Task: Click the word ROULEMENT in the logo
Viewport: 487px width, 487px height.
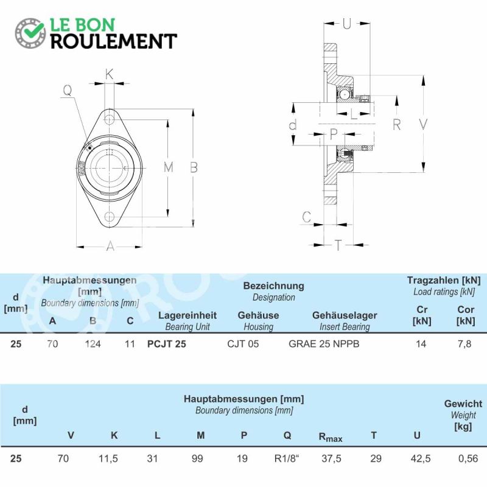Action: [x=114, y=41]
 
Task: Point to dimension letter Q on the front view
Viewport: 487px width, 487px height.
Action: [x=68, y=90]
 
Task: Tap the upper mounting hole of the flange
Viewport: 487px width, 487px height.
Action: [x=109, y=119]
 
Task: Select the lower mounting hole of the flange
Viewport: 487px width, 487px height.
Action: [x=109, y=217]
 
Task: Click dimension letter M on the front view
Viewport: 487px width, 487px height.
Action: [x=169, y=167]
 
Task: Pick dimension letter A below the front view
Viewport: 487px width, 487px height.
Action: [x=110, y=247]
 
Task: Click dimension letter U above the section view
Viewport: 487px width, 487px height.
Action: [x=346, y=24]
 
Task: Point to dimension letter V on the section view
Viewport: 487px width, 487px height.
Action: [x=423, y=124]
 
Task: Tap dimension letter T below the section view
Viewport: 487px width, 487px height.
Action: [x=338, y=245]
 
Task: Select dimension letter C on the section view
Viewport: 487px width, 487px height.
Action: [x=307, y=217]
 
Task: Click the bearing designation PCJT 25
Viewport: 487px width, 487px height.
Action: [x=166, y=344]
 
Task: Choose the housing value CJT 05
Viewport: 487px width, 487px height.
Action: [x=243, y=344]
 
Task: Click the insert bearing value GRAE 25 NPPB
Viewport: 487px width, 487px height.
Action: [x=324, y=344]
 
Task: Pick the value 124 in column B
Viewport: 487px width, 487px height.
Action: [x=93, y=344]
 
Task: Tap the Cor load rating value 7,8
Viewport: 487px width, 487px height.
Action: [x=464, y=344]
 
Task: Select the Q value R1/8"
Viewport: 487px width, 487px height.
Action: [x=286, y=458]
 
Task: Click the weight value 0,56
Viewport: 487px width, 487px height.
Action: [x=468, y=458]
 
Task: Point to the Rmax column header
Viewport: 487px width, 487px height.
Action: [x=331, y=437]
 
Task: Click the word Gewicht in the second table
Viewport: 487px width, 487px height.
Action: [x=463, y=404]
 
